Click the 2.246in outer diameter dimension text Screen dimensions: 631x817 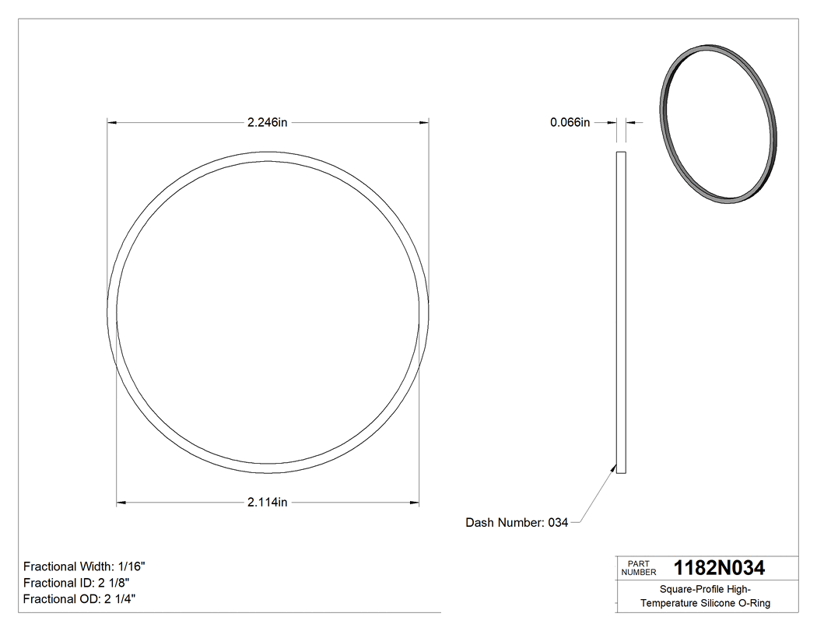[268, 122]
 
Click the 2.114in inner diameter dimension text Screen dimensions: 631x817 [268, 503]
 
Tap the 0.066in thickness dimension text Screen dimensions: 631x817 [570, 122]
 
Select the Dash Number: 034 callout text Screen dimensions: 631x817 [517, 523]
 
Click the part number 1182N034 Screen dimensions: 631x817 [719, 568]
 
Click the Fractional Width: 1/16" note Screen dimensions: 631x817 [85, 566]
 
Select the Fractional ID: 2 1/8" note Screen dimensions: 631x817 [76, 583]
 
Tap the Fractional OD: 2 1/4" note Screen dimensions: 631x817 [81, 599]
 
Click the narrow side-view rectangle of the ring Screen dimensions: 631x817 [620, 311]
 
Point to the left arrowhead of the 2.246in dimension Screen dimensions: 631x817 [112, 122]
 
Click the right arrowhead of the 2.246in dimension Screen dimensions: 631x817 [424, 122]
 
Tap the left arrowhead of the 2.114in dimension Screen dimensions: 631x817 [121, 503]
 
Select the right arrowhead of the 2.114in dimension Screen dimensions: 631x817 [415, 503]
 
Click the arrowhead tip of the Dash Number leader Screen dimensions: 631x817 [615, 467]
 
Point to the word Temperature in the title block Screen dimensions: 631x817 [669, 603]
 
